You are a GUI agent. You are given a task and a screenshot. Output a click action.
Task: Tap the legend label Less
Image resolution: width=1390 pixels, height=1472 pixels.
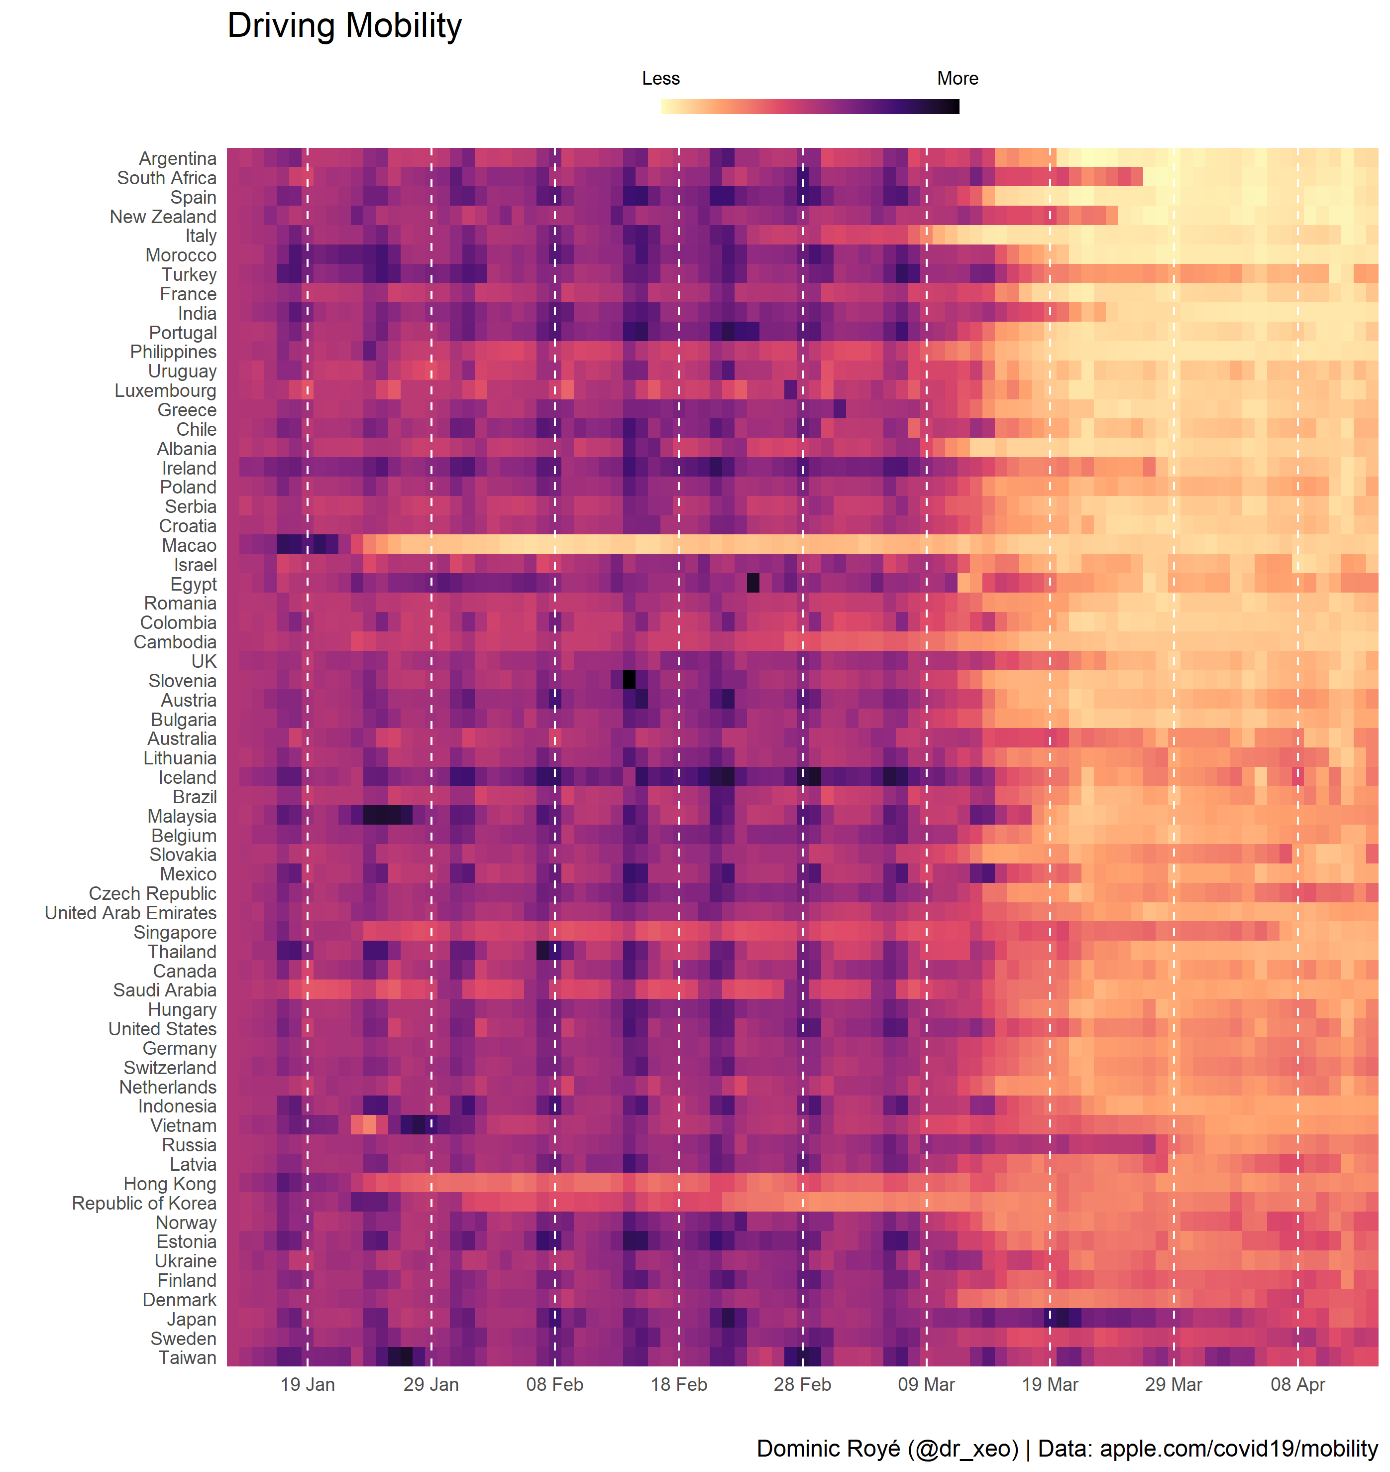coord(660,79)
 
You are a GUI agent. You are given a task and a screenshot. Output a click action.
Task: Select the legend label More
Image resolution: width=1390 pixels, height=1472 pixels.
coord(958,79)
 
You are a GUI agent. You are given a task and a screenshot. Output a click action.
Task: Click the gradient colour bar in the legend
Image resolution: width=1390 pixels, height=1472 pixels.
coord(810,107)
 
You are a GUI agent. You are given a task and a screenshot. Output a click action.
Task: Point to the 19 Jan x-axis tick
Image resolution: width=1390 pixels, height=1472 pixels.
coord(308,1384)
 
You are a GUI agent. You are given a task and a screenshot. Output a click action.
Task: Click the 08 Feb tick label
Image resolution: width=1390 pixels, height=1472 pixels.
coord(555,1384)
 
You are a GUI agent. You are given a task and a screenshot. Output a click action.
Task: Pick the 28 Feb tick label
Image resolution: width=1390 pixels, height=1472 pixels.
coord(802,1384)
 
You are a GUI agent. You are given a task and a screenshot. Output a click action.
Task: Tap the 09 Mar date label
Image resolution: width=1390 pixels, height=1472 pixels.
coord(926,1384)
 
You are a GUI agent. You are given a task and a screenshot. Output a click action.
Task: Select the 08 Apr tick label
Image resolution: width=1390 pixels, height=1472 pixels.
coord(1297,1384)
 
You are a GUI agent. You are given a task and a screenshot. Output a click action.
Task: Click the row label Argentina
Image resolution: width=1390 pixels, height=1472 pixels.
coord(178,159)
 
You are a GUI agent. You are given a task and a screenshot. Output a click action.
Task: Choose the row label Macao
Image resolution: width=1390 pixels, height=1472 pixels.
coord(189,545)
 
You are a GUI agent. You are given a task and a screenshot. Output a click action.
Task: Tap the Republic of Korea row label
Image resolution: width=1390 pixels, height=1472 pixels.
coord(144,1203)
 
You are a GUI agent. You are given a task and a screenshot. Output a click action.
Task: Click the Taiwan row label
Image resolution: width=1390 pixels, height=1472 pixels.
coord(188,1358)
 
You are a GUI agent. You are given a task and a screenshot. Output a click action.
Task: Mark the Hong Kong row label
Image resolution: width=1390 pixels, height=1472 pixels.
coord(170,1184)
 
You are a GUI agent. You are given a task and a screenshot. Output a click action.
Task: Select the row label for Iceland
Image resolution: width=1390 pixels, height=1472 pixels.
coord(188,777)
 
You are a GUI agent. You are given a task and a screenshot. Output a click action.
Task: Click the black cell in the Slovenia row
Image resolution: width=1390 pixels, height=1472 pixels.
coord(629,680)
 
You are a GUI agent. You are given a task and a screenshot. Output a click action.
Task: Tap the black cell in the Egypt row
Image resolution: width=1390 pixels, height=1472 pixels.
coord(753,584)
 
